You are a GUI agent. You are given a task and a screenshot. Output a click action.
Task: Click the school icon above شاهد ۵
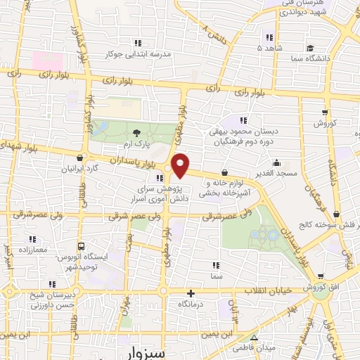[268, 37]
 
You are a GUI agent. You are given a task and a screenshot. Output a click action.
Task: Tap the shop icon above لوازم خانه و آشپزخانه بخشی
[224, 172]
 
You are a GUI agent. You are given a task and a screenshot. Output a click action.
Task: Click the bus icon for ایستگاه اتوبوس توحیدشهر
[82, 247]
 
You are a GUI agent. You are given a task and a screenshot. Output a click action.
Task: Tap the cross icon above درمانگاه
[191, 292]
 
